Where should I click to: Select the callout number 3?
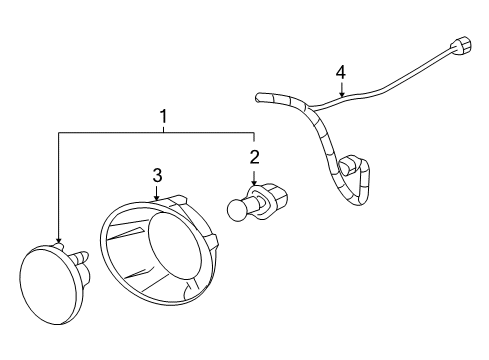(x=157, y=176)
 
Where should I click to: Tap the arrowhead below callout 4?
(x=341, y=94)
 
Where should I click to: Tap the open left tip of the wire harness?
(x=258, y=98)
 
